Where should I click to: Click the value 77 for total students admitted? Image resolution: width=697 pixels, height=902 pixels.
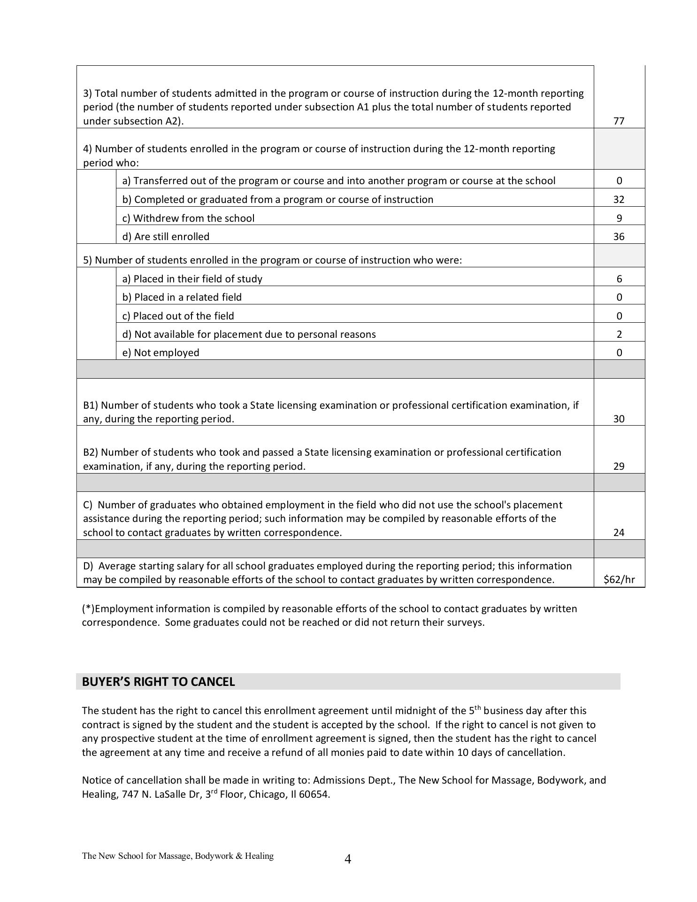point(619,121)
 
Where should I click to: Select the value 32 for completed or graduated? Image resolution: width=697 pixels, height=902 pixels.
point(619,200)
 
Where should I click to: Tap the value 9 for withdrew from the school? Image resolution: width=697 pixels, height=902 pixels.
point(619,218)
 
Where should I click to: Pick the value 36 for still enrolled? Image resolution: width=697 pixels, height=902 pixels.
point(619,237)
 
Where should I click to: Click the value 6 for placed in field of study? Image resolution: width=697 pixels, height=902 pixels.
point(619,279)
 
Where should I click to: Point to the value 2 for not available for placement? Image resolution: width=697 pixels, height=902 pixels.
point(619,334)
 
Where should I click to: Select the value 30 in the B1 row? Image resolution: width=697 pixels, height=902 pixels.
point(619,419)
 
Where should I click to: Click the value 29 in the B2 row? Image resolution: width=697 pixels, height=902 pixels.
point(619,467)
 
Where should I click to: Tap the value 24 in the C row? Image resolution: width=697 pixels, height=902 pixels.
point(619,533)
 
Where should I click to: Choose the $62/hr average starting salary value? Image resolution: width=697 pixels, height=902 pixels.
point(619,580)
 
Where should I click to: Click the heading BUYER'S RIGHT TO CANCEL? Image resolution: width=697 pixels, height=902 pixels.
point(158,682)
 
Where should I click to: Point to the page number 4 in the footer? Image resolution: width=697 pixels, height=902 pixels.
point(348,859)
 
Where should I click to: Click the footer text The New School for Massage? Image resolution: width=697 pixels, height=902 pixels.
point(177,856)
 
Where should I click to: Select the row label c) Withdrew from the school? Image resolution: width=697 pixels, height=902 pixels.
point(188,218)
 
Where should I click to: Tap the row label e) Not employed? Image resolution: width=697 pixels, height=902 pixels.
point(161,353)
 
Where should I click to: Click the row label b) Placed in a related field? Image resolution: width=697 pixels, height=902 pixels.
point(182,297)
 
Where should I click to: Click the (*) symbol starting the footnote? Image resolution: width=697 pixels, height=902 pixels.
point(88,609)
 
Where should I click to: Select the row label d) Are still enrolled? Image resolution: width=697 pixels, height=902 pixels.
point(166,237)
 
